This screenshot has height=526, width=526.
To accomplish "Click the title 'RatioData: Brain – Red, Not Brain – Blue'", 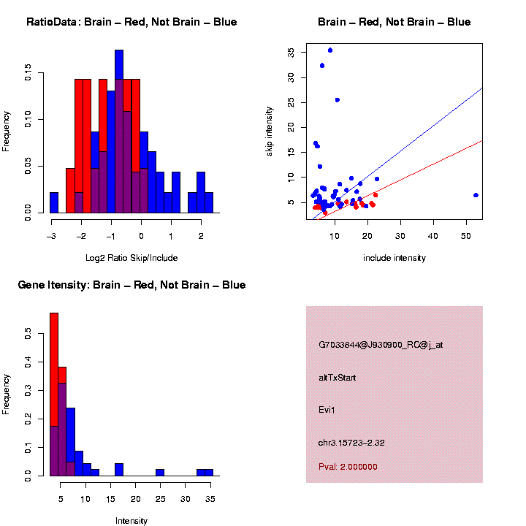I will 131,22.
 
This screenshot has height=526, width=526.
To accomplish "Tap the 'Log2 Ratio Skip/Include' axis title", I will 131,258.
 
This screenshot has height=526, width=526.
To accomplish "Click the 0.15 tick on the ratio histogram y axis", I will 28,73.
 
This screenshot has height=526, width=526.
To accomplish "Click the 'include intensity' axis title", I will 394,258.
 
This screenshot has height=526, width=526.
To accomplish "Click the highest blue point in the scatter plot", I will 330,50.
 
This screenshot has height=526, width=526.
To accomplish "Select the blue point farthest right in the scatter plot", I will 476,195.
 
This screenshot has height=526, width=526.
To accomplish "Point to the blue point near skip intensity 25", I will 337,100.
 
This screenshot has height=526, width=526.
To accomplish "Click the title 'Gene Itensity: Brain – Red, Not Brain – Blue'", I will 131,284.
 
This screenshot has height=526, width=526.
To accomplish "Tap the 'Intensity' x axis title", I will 131,521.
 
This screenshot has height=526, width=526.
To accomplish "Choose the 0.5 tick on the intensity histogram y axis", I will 28,333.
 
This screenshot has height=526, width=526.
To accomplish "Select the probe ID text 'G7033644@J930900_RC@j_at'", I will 381,345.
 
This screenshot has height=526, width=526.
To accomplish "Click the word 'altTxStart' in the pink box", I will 338,378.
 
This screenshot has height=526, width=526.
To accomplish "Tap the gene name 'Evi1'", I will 327,410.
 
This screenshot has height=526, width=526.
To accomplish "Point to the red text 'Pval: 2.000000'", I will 348,467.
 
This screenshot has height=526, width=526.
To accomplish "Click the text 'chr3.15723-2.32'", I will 351,443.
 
